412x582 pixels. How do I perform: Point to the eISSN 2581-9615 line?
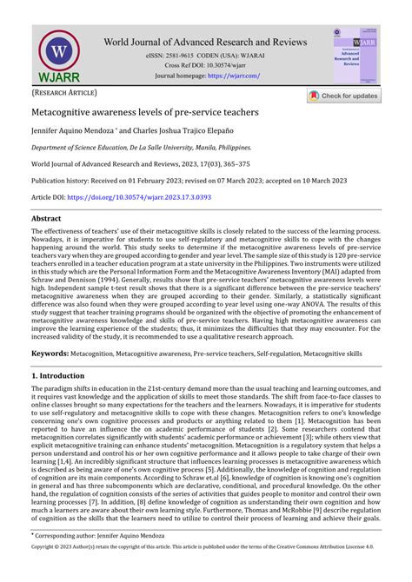point(206,56)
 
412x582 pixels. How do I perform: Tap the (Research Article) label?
point(65,92)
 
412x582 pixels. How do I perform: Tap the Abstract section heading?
point(52,220)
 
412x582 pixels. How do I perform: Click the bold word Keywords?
point(50,354)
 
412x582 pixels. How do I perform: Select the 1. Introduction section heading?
point(63,375)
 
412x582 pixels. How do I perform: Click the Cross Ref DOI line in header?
point(206,66)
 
